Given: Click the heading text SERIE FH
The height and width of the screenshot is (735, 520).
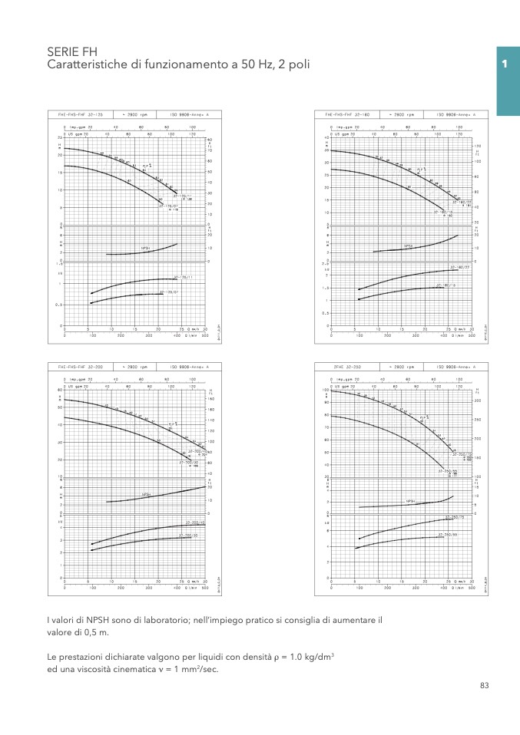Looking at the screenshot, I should [72, 51].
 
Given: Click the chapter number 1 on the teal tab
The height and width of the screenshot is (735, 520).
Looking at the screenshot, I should [505, 65].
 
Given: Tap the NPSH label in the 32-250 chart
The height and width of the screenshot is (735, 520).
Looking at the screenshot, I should [411, 502].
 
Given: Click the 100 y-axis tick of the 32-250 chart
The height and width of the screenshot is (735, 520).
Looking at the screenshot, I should [324, 390].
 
